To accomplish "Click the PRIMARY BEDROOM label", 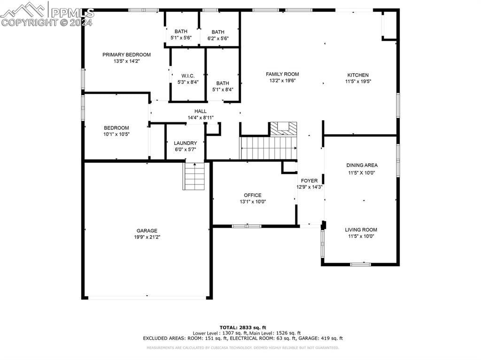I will (126, 55).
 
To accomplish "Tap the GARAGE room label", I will (147, 230).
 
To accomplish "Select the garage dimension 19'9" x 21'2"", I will (147, 237).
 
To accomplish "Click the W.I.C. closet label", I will (187, 76).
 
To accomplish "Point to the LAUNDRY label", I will (185, 143).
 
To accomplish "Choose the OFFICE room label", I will (253, 195).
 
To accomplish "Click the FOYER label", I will (309, 181).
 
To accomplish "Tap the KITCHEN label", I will (358, 75).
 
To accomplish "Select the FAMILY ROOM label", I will (282, 74).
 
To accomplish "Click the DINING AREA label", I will (362, 165).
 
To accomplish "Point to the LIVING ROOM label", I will (361, 230).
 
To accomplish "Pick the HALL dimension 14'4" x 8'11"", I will (201, 118).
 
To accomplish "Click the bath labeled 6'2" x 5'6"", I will (220, 38).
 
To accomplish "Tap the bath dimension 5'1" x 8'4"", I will (223, 90).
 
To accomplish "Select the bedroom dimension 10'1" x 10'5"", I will (116, 134).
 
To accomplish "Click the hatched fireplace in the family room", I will (283, 128).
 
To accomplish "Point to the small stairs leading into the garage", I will (194, 176).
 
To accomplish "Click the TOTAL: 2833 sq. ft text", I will (243, 327).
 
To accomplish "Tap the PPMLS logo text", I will (72, 13).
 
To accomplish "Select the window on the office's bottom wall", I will (247, 226).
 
